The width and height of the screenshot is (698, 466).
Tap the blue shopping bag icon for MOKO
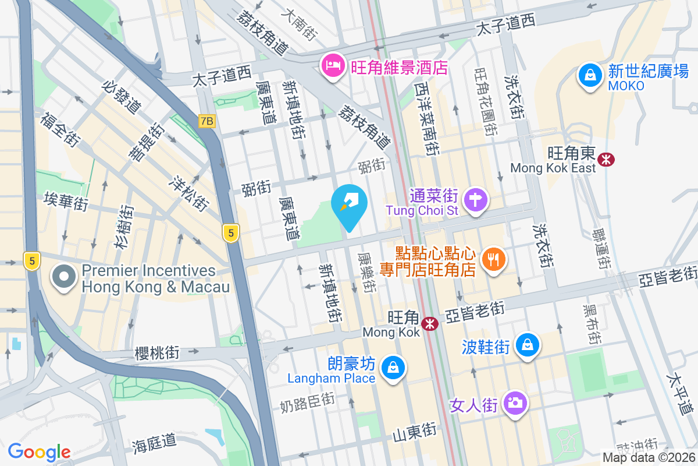click(x=590, y=75)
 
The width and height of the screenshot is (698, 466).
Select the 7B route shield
click(x=206, y=121)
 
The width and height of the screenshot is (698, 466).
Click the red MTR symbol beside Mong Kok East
click(x=607, y=159)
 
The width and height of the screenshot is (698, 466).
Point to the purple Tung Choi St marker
click(x=476, y=200)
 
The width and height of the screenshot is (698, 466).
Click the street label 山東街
click(x=414, y=432)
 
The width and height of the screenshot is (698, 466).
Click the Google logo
click(x=39, y=451)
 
